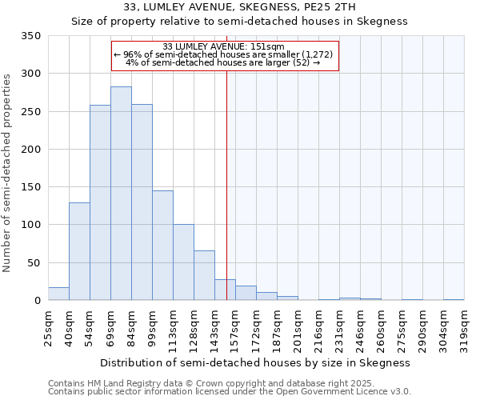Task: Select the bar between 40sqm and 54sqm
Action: tap(79, 251)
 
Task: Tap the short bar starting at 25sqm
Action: tap(58, 294)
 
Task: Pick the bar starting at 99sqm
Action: tap(162, 246)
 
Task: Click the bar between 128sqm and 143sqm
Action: tap(204, 275)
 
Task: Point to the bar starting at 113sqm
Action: tap(183, 262)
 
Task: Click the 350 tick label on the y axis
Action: tap(31, 36)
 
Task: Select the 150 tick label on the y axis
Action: tap(31, 187)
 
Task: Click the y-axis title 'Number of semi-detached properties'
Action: tap(8, 172)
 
